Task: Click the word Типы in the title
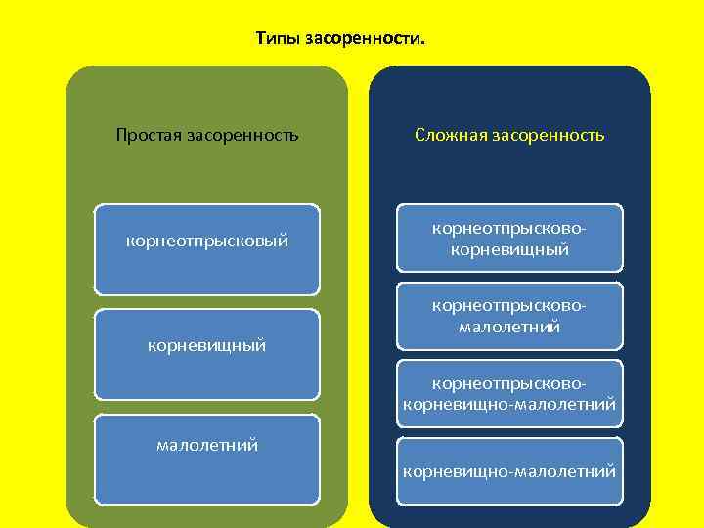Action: tap(278, 39)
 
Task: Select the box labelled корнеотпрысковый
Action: tap(207, 249)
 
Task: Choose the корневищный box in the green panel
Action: tap(207, 354)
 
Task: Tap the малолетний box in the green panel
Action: tap(207, 460)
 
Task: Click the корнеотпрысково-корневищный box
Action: tap(509, 238)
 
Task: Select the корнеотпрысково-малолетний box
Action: tap(509, 316)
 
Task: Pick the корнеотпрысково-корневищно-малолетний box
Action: tap(509, 392)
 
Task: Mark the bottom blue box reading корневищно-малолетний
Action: tap(509, 471)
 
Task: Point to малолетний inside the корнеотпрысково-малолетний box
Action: tap(509, 327)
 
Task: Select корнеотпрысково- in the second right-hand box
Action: tap(509, 306)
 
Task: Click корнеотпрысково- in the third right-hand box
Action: tap(509, 382)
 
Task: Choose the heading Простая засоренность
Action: tap(207, 135)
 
